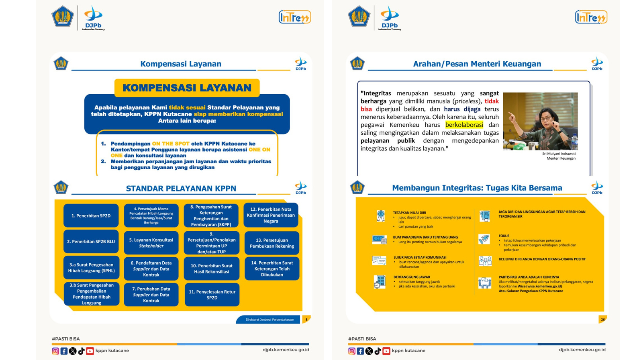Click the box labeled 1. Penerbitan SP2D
[x=91, y=216]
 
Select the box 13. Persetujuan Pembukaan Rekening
[x=271, y=243]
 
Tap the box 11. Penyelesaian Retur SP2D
[x=212, y=295]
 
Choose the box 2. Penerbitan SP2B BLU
[x=91, y=242]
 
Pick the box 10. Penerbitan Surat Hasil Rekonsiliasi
[x=211, y=269]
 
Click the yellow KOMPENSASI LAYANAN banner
[x=187, y=88]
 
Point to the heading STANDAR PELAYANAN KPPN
[x=181, y=189]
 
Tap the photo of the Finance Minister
[x=540, y=121]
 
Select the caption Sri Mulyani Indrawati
[x=559, y=154]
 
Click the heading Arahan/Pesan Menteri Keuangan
[x=477, y=64]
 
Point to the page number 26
[x=603, y=319]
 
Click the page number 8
[x=306, y=319]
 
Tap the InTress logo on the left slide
[x=295, y=17]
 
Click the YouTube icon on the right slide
[x=386, y=351]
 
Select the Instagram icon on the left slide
[x=56, y=351]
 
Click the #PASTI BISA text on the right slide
[x=362, y=339]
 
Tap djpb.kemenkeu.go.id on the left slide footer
[x=286, y=350]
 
